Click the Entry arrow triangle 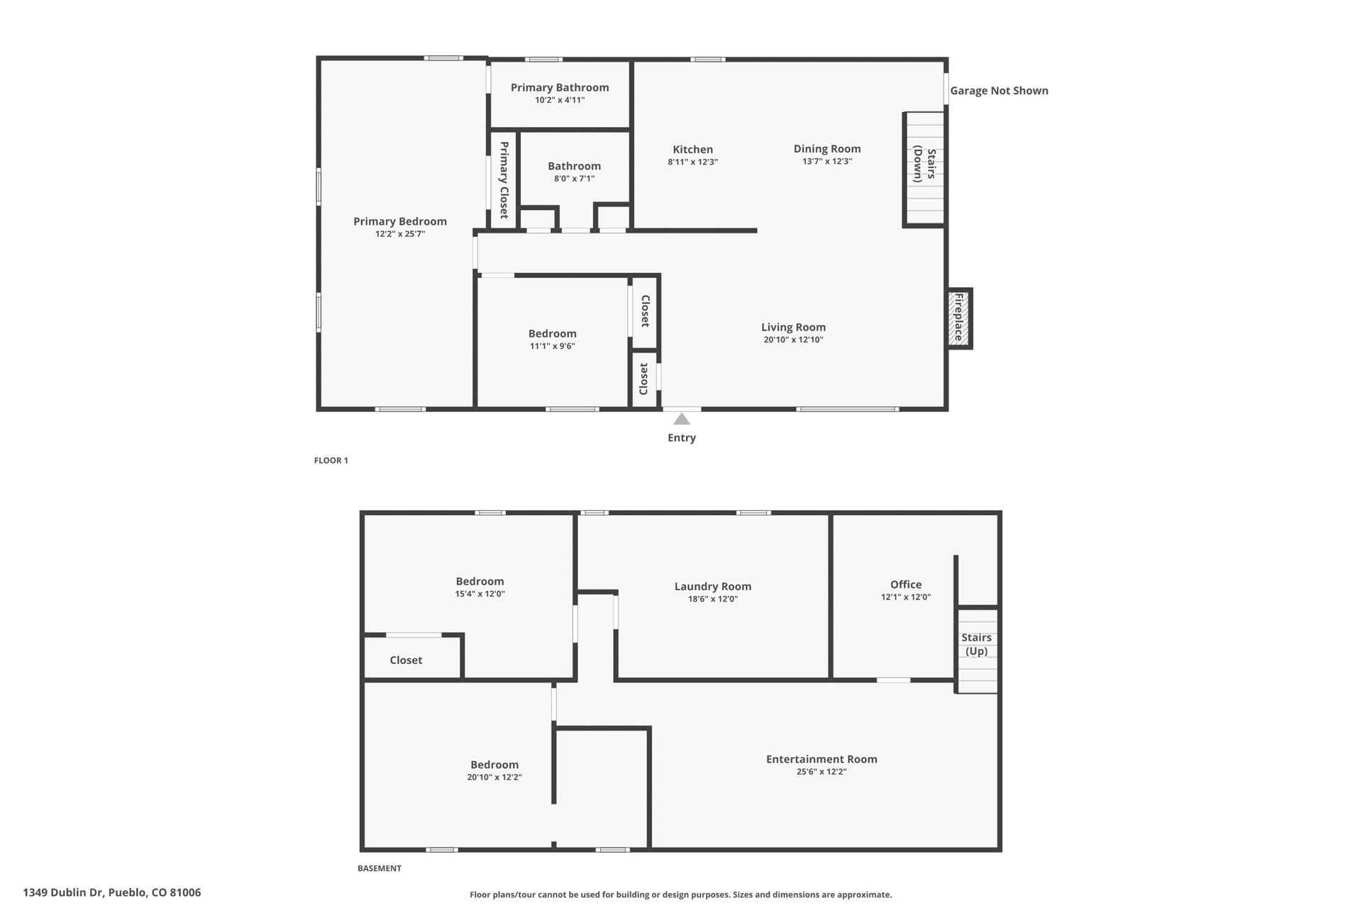tap(682, 419)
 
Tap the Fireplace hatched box tap(959, 319)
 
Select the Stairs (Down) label tap(924, 164)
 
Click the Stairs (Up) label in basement tap(977, 644)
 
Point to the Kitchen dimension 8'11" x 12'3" tap(693, 162)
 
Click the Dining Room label tap(827, 148)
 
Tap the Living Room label tap(794, 327)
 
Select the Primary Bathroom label tap(560, 87)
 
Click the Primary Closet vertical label tap(504, 180)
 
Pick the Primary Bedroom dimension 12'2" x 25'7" tap(400, 234)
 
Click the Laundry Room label tap(713, 586)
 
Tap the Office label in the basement tap(906, 585)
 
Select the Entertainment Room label tap(821, 759)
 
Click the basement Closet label tap(406, 660)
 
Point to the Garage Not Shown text tap(999, 90)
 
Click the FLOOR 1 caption tap(331, 460)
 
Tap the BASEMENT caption tap(380, 868)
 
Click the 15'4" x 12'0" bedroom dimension tap(480, 594)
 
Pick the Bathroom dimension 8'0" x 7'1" tap(575, 178)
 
